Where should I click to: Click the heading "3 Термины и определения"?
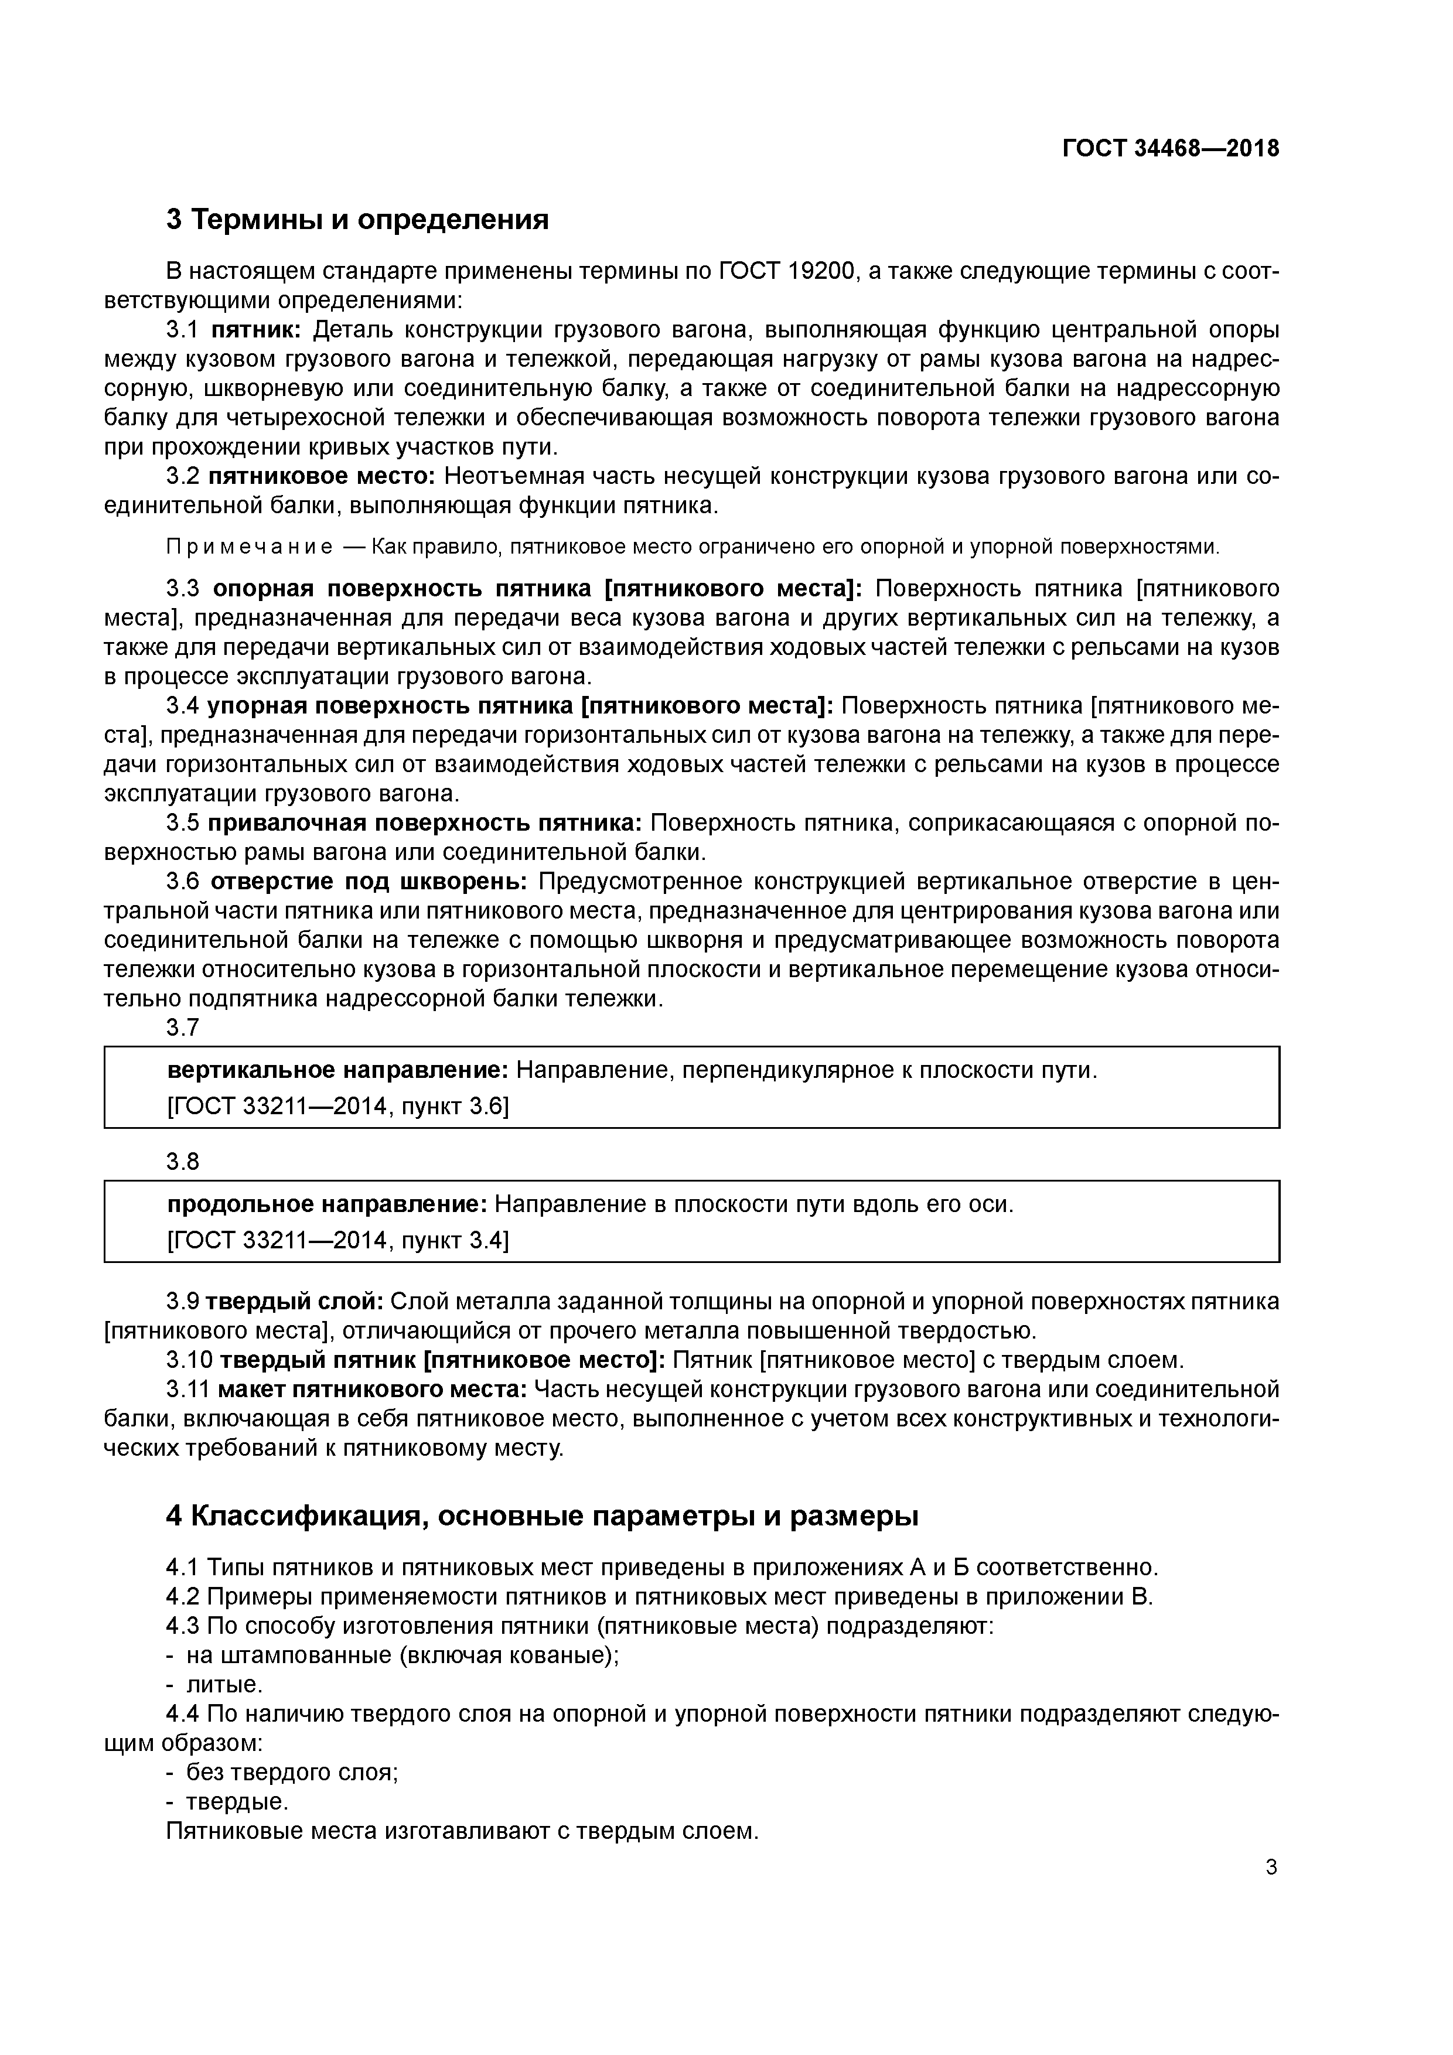(x=357, y=219)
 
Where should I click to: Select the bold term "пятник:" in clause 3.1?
(x=258, y=330)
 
